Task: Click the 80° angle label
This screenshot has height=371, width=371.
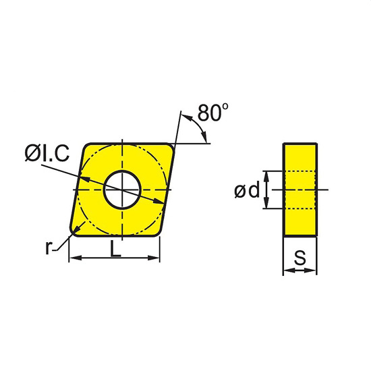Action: (213, 113)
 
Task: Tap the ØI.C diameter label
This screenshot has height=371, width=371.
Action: (47, 153)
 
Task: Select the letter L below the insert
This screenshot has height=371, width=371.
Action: (115, 248)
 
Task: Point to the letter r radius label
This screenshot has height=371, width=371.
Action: (49, 248)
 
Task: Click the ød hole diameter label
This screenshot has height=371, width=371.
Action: (247, 190)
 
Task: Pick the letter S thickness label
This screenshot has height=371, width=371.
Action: (300, 258)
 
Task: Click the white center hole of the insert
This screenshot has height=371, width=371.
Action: (122, 190)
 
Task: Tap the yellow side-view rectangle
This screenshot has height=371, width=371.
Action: (300, 190)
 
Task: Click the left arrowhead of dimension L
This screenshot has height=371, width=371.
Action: (76, 258)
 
